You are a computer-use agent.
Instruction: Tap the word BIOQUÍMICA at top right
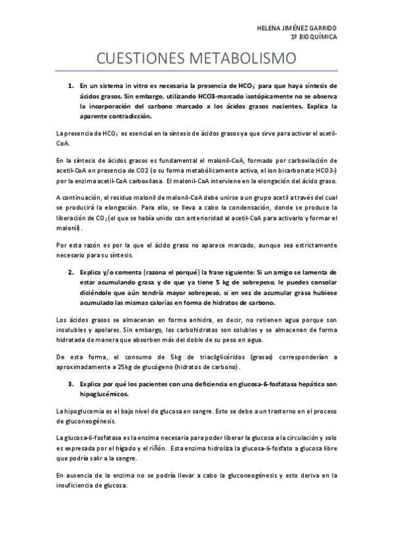(x=318, y=37)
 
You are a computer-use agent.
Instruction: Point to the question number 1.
(x=71, y=86)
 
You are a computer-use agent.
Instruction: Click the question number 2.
(x=71, y=271)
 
